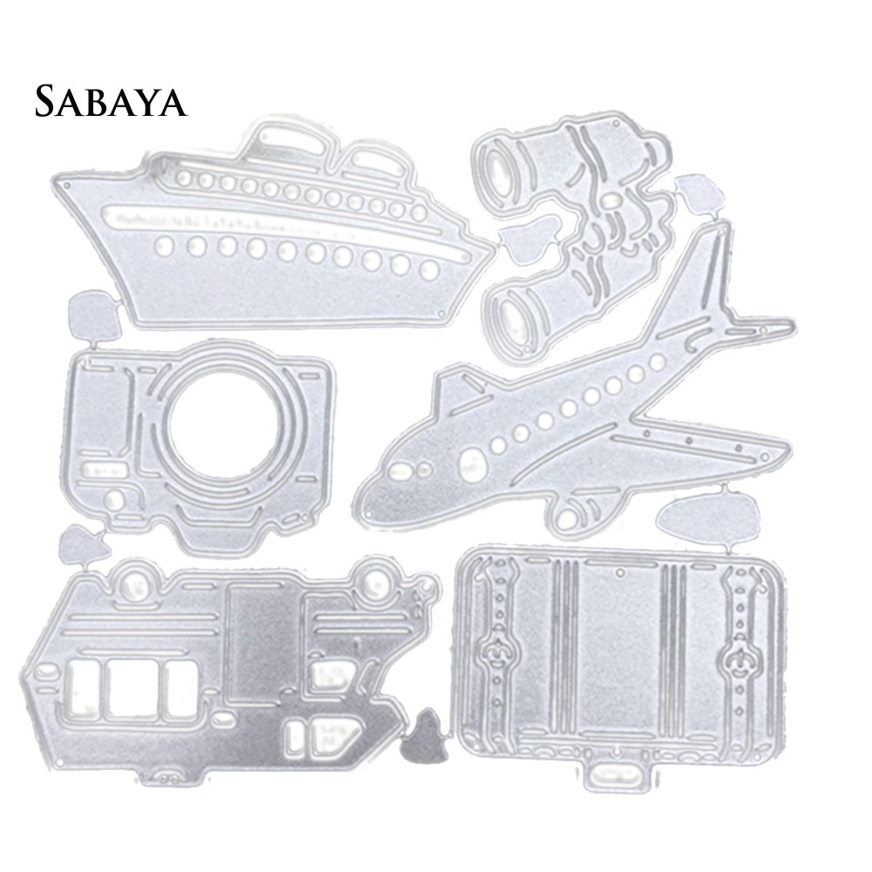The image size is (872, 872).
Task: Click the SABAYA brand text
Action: (x=111, y=101)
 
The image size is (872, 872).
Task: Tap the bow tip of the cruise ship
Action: (x=494, y=247)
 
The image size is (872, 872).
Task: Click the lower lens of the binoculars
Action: (x=511, y=317)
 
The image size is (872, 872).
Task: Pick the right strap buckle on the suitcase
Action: (x=739, y=659)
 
